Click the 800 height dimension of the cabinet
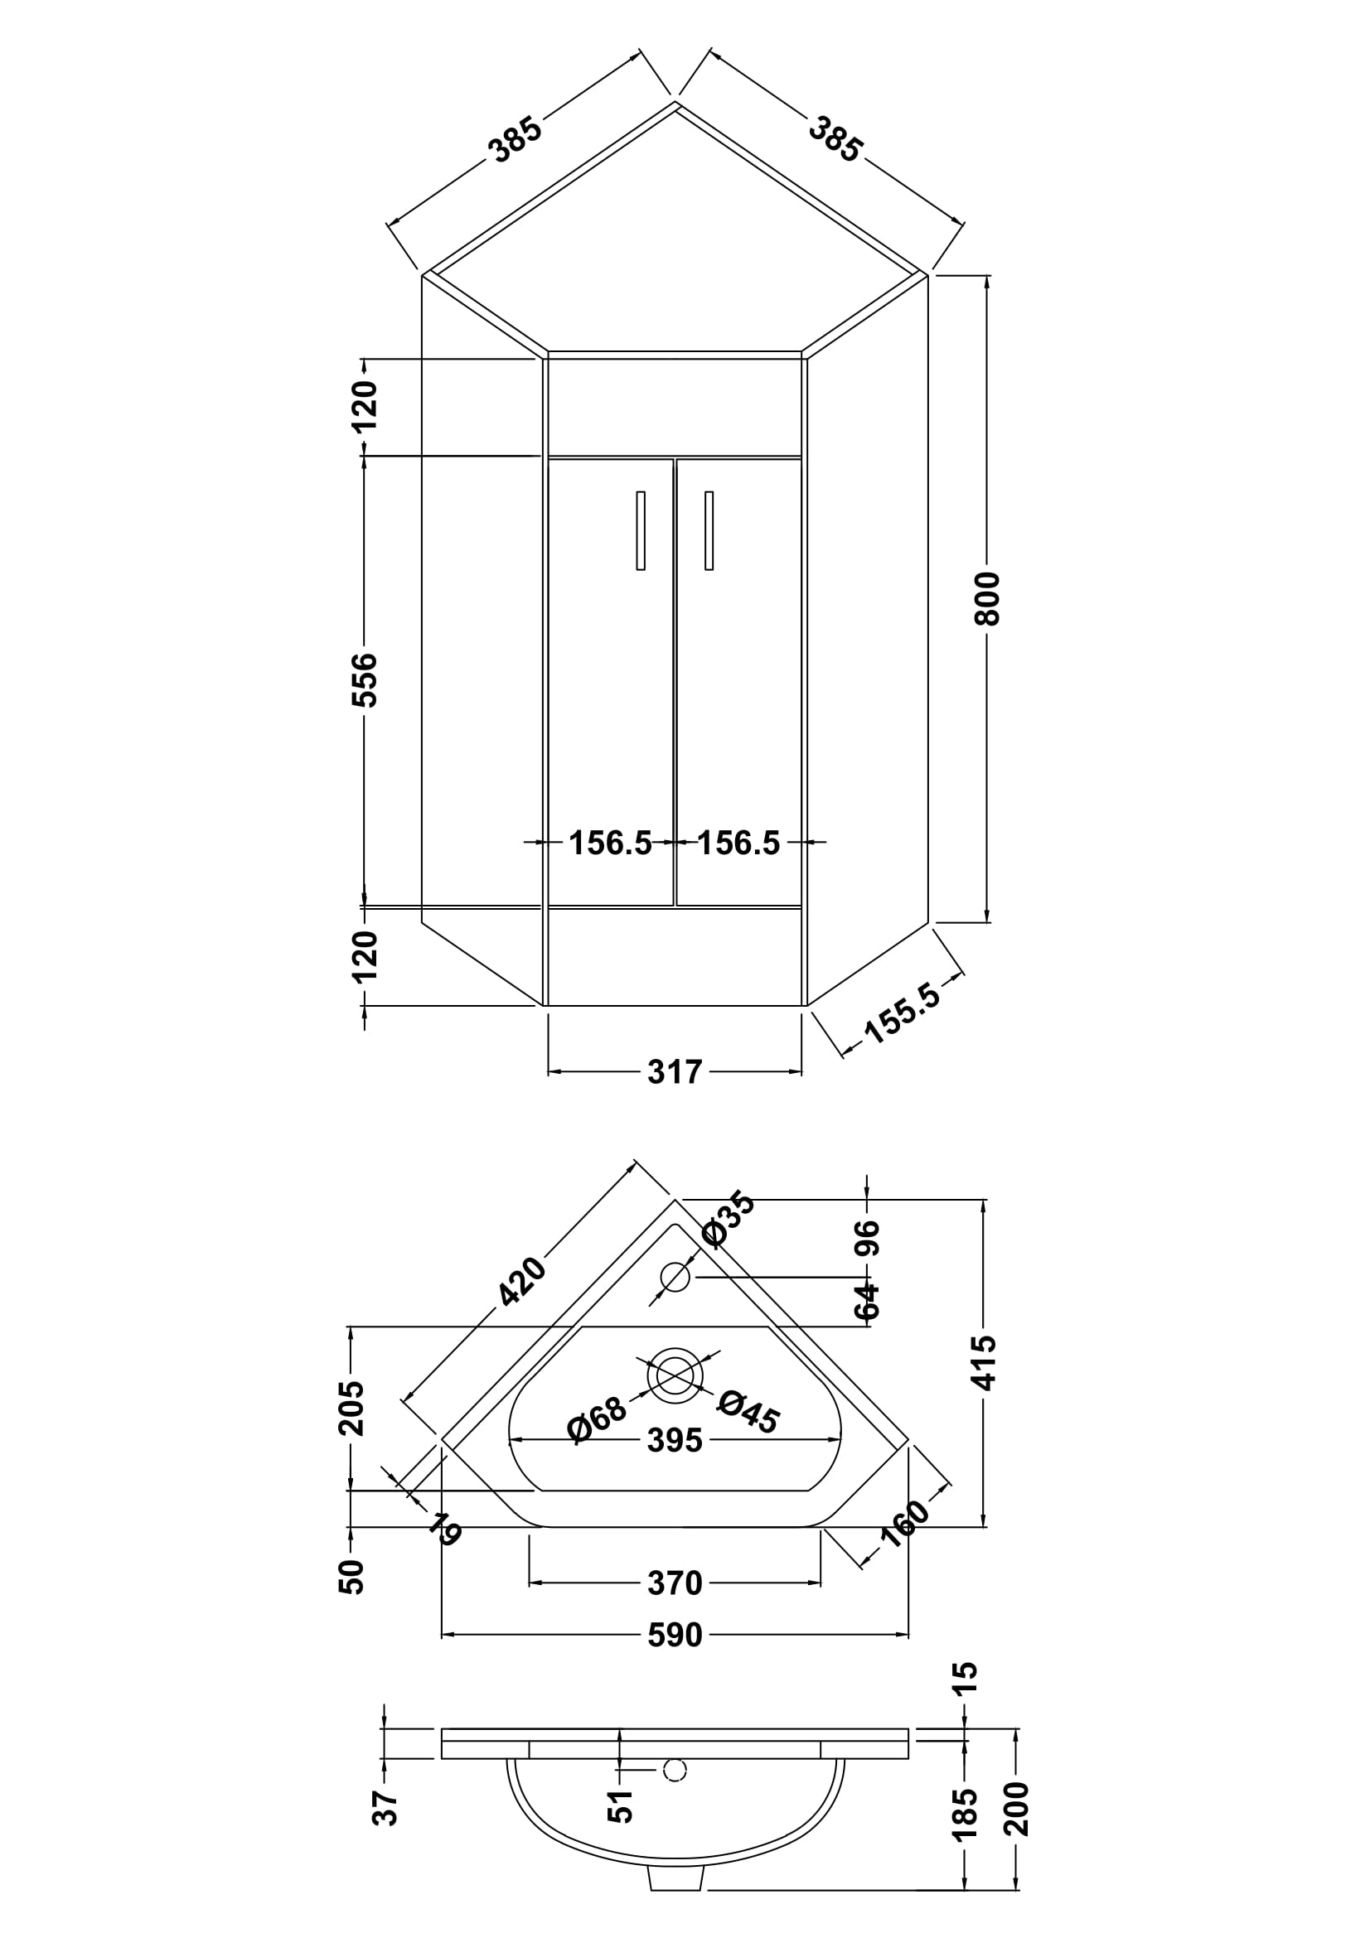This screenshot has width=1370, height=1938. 987,598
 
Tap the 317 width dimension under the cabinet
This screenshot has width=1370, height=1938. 675,1072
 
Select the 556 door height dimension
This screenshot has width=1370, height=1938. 365,679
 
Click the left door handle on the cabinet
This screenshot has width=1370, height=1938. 641,530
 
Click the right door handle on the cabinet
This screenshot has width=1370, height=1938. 709,530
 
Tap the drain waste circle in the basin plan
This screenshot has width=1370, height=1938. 675,1376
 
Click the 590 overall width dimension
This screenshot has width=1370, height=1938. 675,1635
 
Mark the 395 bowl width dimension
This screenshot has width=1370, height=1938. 675,1440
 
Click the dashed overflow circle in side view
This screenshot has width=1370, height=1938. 675,1770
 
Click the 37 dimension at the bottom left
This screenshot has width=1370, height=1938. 385,1808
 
